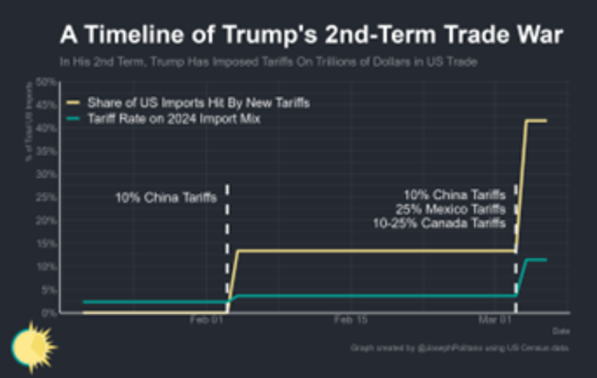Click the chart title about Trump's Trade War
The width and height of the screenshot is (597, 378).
(311, 35)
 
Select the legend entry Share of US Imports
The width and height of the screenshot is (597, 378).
(197, 103)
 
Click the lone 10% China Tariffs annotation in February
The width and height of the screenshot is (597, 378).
(166, 197)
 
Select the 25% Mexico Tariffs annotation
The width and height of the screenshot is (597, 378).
(455, 209)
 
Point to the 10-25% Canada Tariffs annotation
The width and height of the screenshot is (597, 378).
(438, 223)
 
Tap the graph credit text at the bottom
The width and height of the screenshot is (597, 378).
(459, 349)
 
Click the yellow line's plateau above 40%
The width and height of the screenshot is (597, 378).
(535, 120)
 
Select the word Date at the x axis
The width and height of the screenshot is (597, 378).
(560, 330)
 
